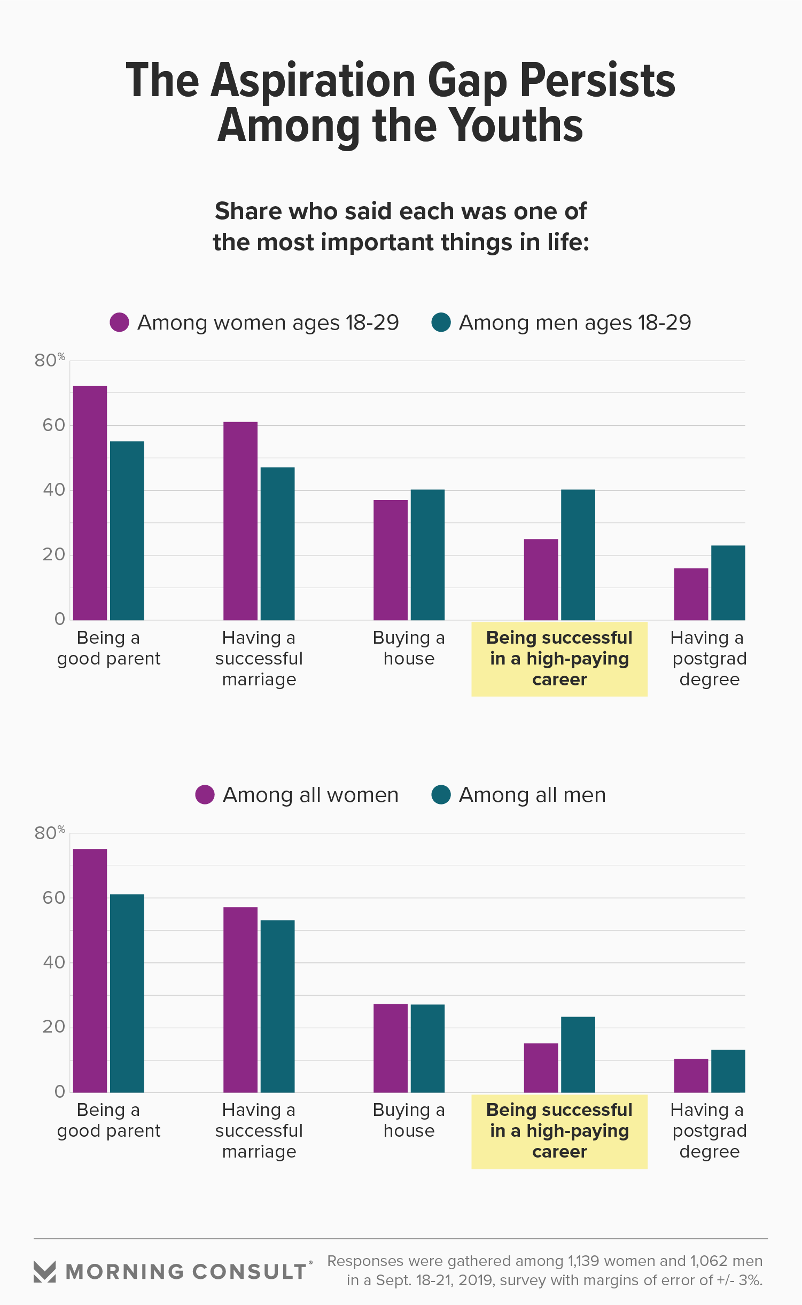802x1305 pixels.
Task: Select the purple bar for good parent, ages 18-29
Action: pyautogui.click(x=90, y=502)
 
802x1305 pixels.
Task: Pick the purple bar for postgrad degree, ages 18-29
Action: pyautogui.click(x=691, y=594)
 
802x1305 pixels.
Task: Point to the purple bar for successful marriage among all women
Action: pyautogui.click(x=240, y=999)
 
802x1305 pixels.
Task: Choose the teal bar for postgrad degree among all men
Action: pyautogui.click(x=728, y=1070)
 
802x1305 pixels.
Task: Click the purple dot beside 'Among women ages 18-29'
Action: pyautogui.click(x=119, y=323)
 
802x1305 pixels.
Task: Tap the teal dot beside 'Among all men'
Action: pyautogui.click(x=441, y=795)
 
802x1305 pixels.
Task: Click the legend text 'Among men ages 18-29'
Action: pyautogui.click(x=575, y=323)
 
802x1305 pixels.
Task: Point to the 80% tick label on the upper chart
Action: pyautogui.click(x=49, y=361)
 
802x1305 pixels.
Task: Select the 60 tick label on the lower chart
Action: pyautogui.click(x=54, y=898)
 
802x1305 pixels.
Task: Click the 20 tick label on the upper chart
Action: pyautogui.click(x=54, y=555)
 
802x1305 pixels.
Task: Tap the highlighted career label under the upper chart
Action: pyautogui.click(x=559, y=659)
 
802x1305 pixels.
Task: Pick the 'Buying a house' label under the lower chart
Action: pyautogui.click(x=409, y=1120)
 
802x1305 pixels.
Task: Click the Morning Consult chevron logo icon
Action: pyautogui.click(x=44, y=1271)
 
